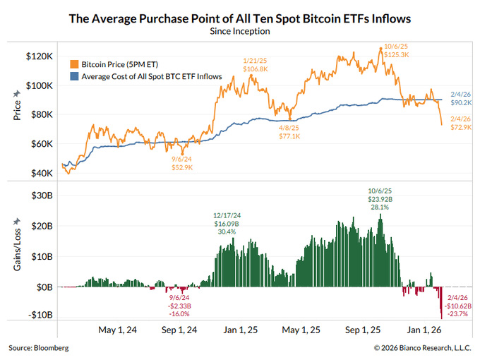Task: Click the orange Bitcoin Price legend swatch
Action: [x=74, y=64]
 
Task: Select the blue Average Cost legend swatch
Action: [x=74, y=76]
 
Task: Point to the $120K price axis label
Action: [x=40, y=56]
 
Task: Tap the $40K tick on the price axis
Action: [x=42, y=173]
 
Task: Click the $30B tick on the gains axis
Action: [x=42, y=196]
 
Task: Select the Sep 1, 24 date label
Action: [x=179, y=330]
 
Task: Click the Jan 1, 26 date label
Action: [x=424, y=330]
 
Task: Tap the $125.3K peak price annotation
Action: [x=397, y=55]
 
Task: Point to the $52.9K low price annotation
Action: [x=182, y=167]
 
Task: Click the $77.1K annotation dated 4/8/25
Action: [x=289, y=136]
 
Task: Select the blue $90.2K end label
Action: [x=461, y=102]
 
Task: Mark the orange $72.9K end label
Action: [x=461, y=127]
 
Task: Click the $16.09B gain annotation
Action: [x=227, y=224]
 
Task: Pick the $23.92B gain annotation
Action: [x=380, y=199]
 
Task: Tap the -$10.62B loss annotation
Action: [x=458, y=306]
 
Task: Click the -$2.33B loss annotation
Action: [x=179, y=306]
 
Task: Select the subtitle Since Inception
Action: [x=240, y=31]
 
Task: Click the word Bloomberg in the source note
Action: [x=51, y=348]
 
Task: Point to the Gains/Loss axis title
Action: [x=17, y=249]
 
